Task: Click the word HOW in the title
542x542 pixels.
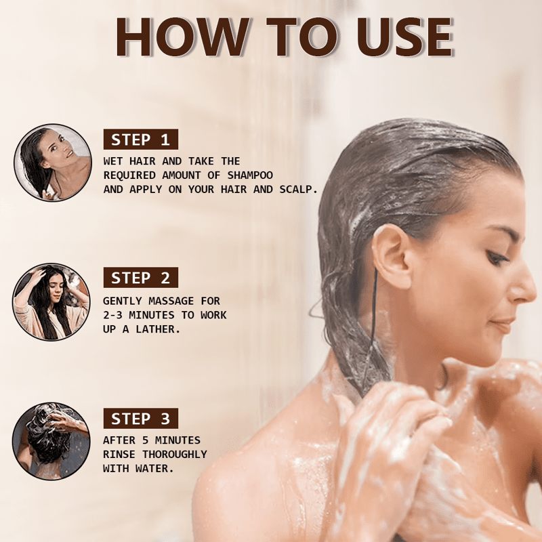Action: (x=182, y=37)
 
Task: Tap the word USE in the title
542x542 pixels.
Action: (x=404, y=37)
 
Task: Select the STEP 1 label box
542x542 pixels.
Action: (x=141, y=140)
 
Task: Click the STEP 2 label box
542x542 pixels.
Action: (x=141, y=278)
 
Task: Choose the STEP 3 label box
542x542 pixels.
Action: (x=141, y=418)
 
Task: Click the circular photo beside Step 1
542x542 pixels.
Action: (x=53, y=163)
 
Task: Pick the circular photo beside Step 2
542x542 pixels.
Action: (x=51, y=301)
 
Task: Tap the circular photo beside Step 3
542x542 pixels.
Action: (x=51, y=441)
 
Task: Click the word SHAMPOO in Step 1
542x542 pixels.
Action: (x=250, y=175)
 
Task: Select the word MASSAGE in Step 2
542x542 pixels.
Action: (x=171, y=301)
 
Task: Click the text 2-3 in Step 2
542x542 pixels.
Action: (x=112, y=315)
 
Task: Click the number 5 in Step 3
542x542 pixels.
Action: (x=146, y=440)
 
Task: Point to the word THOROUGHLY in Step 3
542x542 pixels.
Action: (x=175, y=455)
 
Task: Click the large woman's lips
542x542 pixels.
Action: (x=503, y=326)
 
